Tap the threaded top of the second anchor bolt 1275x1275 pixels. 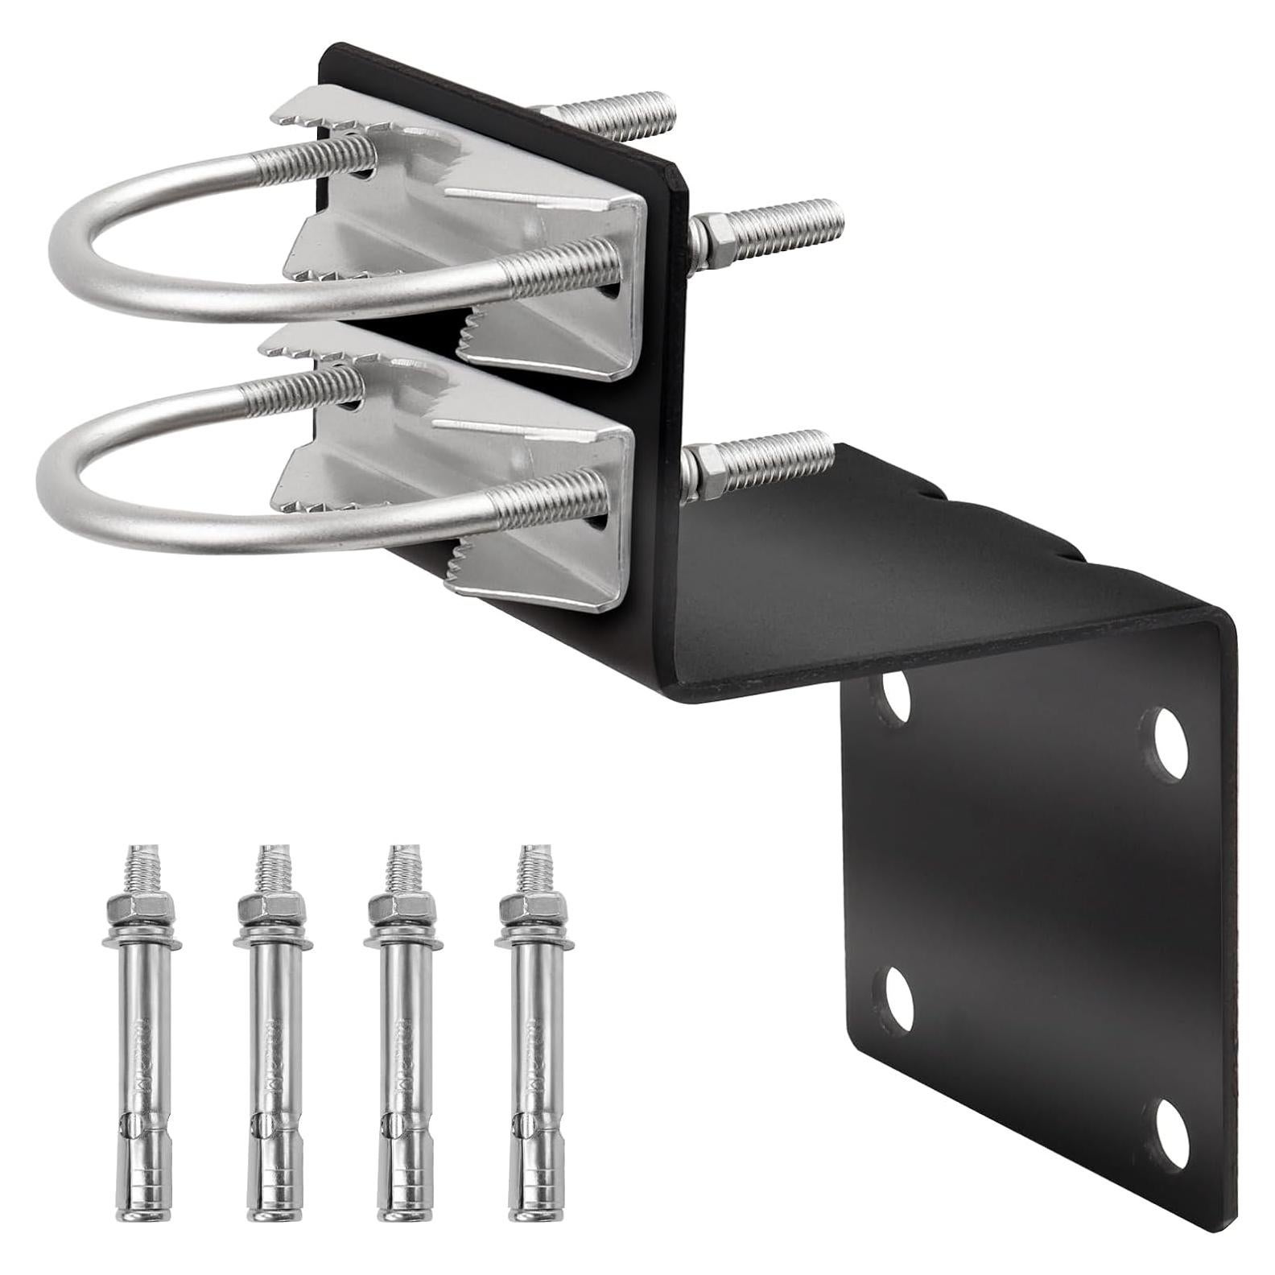(270, 869)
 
